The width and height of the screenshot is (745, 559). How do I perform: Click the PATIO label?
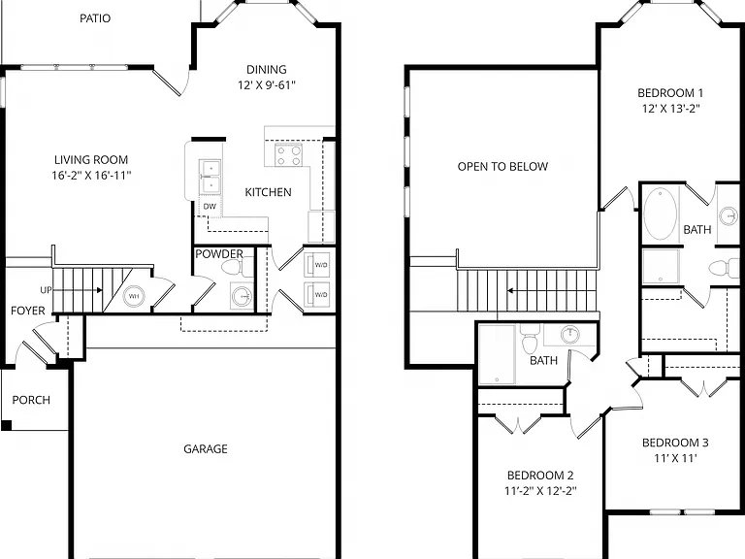point(95,18)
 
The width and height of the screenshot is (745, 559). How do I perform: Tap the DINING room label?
point(267,70)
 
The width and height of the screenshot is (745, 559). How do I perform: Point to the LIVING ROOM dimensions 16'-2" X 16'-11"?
point(91,176)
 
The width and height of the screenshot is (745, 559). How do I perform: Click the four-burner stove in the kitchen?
point(289,155)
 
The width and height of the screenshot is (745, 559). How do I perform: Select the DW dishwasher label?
point(210,207)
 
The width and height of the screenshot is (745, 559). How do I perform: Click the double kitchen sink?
point(210,177)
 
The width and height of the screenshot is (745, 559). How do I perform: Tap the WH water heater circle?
point(134,296)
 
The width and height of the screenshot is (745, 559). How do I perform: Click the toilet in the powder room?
point(237,269)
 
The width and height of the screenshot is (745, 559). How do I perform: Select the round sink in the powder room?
point(242,296)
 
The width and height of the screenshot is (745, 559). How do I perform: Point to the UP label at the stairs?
point(47,290)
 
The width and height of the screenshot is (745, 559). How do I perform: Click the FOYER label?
point(28,311)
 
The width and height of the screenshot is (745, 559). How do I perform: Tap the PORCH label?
point(31,400)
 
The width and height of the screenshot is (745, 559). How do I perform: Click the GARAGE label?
point(206,448)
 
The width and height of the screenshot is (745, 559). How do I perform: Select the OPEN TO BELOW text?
point(502,166)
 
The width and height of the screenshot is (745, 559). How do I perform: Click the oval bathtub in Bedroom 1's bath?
point(661,214)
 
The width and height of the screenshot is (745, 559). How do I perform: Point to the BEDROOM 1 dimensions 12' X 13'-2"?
point(671,109)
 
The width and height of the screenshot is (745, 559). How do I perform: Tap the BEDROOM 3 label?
point(675,443)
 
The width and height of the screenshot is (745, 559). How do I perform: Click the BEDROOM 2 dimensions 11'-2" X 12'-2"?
point(540,490)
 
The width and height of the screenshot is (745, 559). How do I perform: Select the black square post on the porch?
point(6,425)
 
